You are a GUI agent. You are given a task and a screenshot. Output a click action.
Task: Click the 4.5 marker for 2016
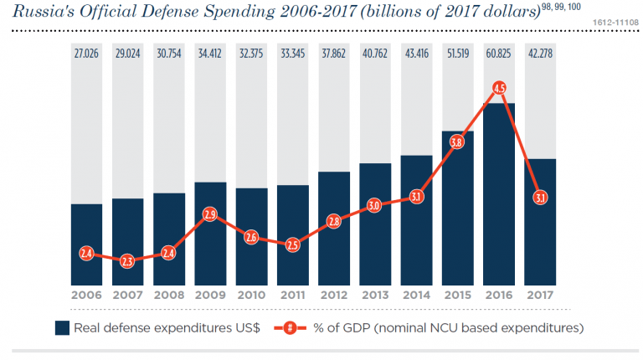(x=499, y=88)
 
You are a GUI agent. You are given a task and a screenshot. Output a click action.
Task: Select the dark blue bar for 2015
(x=458, y=209)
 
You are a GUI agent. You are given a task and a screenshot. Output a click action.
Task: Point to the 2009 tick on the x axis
(x=210, y=296)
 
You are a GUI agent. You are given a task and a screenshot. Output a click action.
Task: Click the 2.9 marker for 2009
(x=210, y=214)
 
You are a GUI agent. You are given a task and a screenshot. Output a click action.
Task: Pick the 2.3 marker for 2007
(x=128, y=261)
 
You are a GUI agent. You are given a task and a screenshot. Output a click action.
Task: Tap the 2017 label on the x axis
(x=540, y=296)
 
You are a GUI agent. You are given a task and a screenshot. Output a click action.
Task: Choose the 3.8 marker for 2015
(x=458, y=142)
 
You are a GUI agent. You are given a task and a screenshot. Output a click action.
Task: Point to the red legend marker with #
(x=290, y=327)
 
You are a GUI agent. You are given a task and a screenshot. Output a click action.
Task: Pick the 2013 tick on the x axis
(x=375, y=296)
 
